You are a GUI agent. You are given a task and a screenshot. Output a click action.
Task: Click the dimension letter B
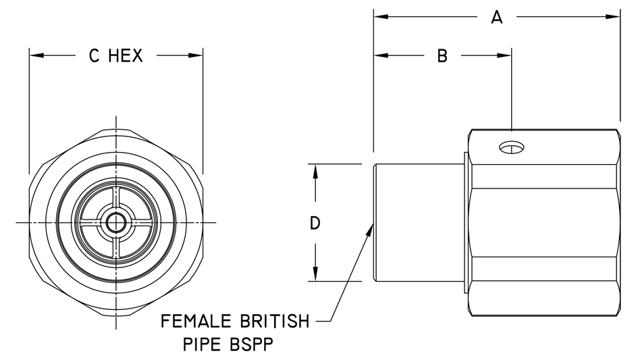coord(442,57)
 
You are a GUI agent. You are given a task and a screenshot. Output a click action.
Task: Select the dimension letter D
coord(314,223)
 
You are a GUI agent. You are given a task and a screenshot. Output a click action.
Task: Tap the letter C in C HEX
coord(95,57)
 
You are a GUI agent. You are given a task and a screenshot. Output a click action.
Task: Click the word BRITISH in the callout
coord(275,319)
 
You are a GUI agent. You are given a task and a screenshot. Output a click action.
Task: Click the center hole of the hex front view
coord(116,222)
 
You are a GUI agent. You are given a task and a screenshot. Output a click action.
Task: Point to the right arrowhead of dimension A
coord(614,17)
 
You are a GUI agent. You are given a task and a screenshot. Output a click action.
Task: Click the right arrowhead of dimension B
coord(506,55)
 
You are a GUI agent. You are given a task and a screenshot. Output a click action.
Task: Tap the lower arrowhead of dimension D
coord(315,274)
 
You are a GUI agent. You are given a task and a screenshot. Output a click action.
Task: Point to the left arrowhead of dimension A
coord(380,17)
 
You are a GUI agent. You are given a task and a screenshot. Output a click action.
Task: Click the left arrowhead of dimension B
coord(380,55)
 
